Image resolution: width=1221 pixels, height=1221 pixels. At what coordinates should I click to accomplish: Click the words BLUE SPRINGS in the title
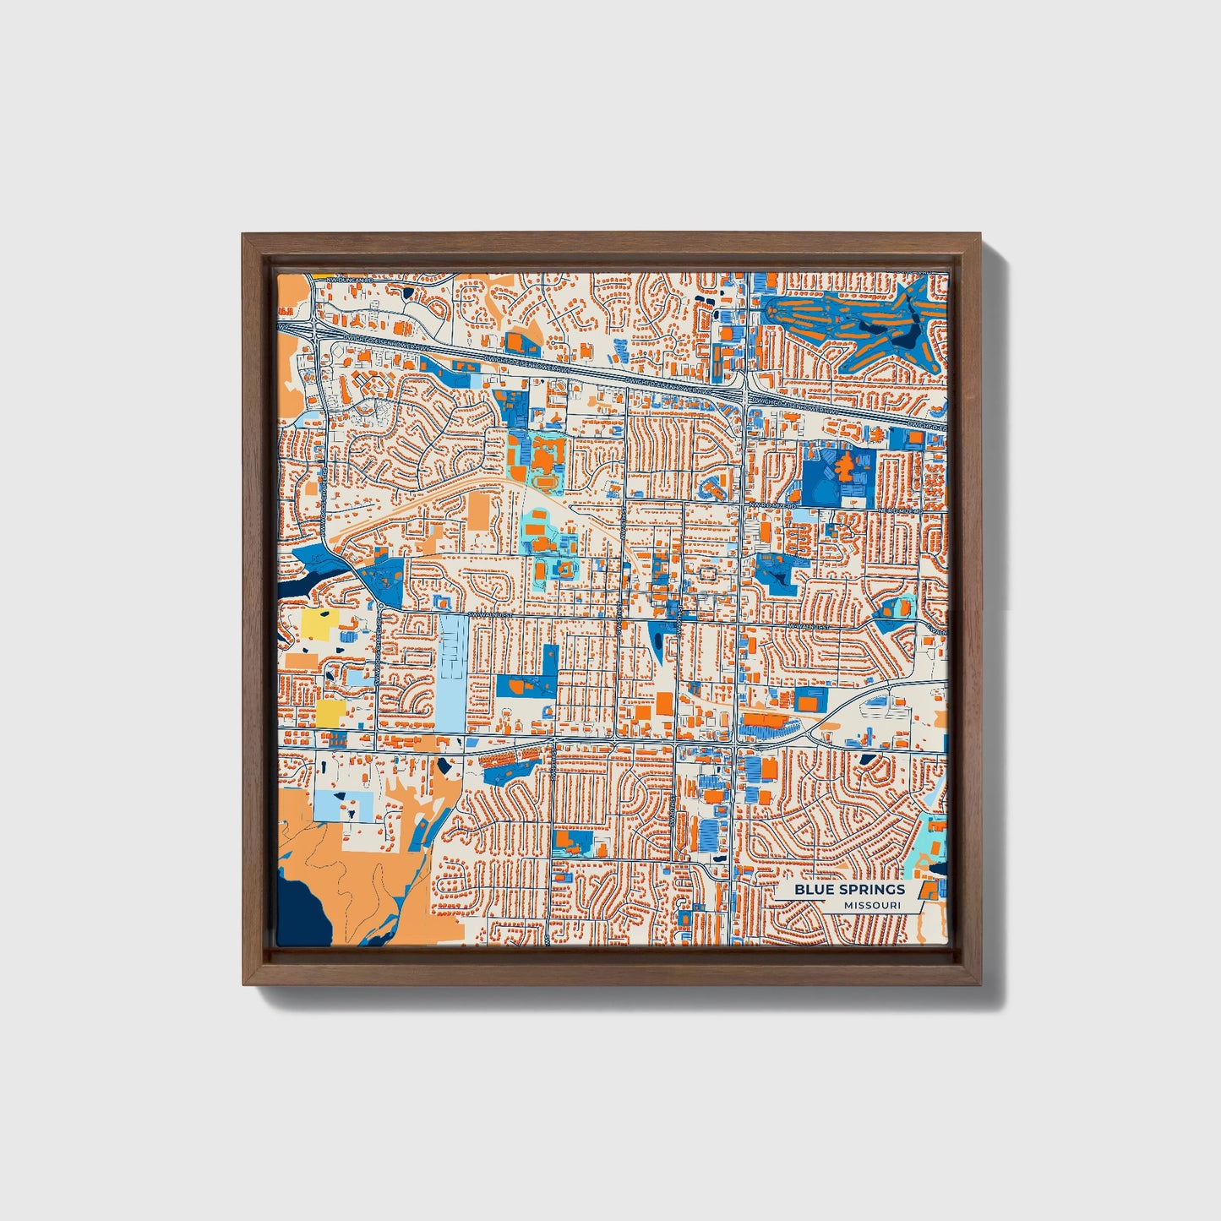(x=848, y=890)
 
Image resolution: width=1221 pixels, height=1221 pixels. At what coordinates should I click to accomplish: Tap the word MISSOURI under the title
(x=871, y=906)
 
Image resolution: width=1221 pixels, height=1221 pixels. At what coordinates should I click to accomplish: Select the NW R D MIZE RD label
(x=772, y=505)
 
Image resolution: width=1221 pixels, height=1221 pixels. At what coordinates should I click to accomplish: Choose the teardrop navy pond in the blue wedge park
(x=657, y=644)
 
